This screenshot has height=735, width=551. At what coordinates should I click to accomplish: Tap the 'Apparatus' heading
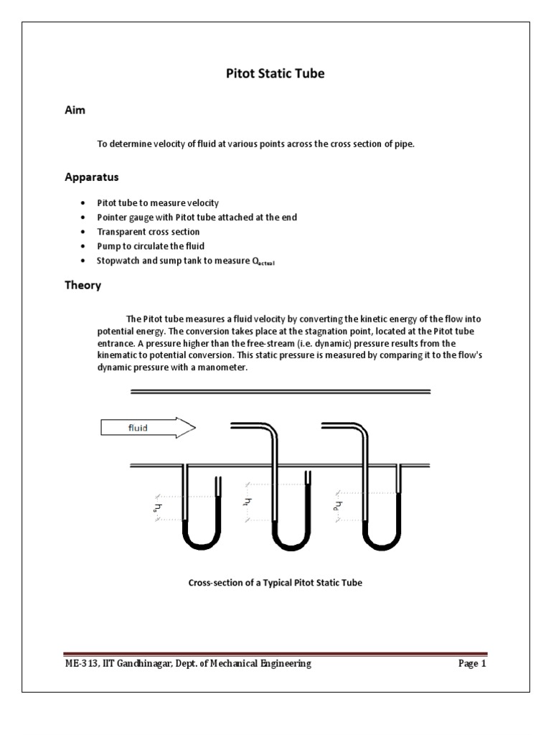click(x=88, y=177)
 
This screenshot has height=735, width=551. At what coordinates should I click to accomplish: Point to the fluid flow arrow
click(x=148, y=429)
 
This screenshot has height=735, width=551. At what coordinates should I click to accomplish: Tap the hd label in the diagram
click(x=338, y=505)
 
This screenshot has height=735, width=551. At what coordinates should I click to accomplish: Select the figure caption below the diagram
click(x=275, y=583)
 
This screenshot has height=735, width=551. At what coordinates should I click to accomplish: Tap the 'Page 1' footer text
click(x=472, y=664)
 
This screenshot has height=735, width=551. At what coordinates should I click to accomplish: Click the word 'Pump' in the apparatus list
click(x=108, y=246)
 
